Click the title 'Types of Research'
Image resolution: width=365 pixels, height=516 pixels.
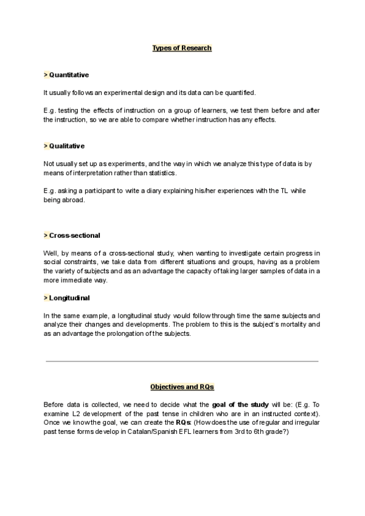tap(182, 47)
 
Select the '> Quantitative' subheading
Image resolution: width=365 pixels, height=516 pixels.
tap(66, 75)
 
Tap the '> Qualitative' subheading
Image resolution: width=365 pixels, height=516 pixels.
tap(64, 146)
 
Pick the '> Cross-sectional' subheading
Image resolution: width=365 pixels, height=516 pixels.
tap(72, 235)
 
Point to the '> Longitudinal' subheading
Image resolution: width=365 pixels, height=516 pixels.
tap(68, 298)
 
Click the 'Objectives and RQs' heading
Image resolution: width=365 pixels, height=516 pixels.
tap(182, 387)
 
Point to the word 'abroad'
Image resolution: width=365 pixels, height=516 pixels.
tap(74, 200)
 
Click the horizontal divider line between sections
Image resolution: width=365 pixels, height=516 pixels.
tap(182, 361)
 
